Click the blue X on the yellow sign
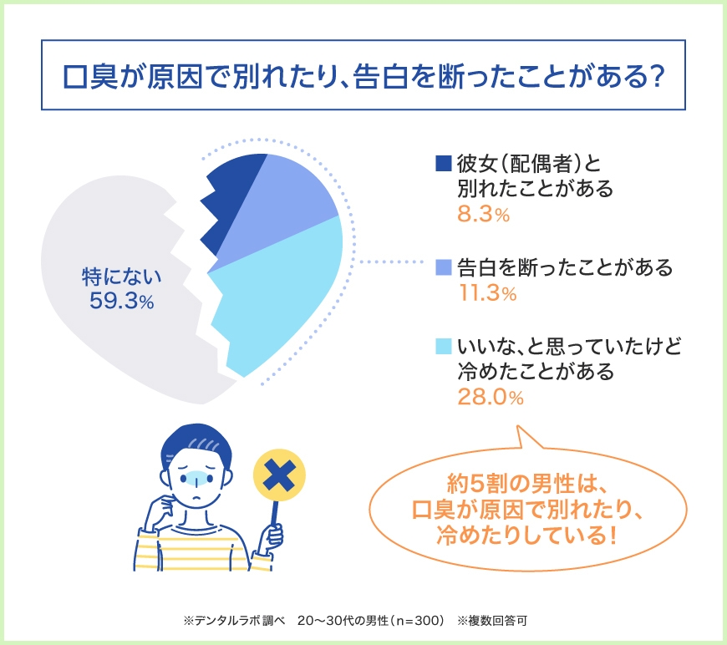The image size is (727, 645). pos(279,475)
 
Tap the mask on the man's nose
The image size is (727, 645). pos(195,478)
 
